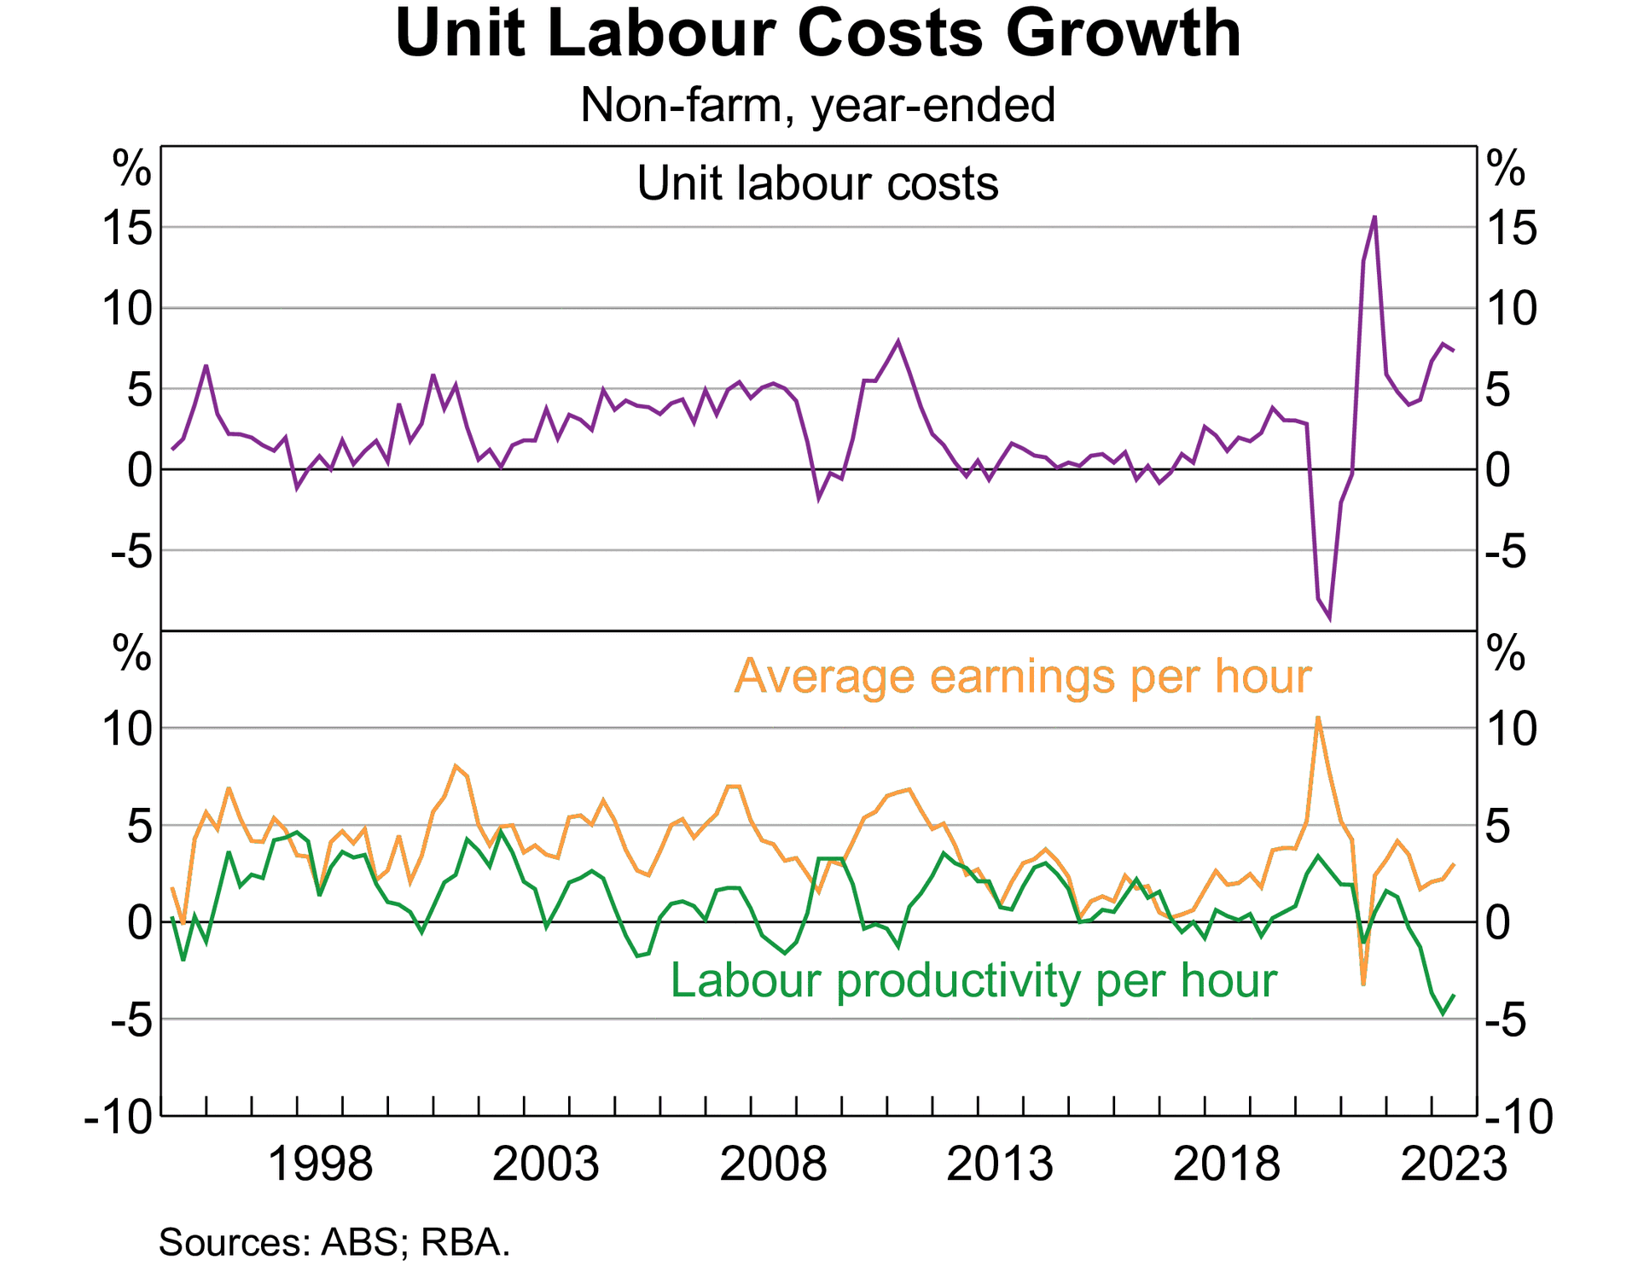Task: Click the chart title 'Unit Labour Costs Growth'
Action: pyautogui.click(x=817, y=34)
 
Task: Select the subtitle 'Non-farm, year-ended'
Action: pyautogui.click(x=817, y=106)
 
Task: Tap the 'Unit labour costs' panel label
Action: pyautogui.click(x=817, y=183)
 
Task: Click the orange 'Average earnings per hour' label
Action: pyautogui.click(x=1022, y=677)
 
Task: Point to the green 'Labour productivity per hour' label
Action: pyautogui.click(x=973, y=980)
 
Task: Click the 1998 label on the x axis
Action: pyautogui.click(x=320, y=1164)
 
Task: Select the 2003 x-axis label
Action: pyautogui.click(x=546, y=1164)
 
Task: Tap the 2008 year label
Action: pyautogui.click(x=773, y=1164)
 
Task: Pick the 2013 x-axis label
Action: pyautogui.click(x=1000, y=1164)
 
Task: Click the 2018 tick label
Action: pyautogui.click(x=1226, y=1164)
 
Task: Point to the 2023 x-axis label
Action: pyautogui.click(x=1453, y=1164)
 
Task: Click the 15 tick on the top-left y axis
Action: pyautogui.click(x=128, y=228)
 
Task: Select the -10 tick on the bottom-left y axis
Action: pyautogui.click(x=119, y=1117)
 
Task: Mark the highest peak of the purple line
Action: pyautogui.click(x=1374, y=217)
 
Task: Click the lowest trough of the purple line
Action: pyautogui.click(x=1329, y=619)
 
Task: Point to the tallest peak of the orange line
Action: pyautogui.click(x=1318, y=717)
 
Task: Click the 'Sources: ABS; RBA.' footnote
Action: pyautogui.click(x=334, y=1242)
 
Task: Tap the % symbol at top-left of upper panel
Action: pyautogui.click(x=132, y=169)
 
